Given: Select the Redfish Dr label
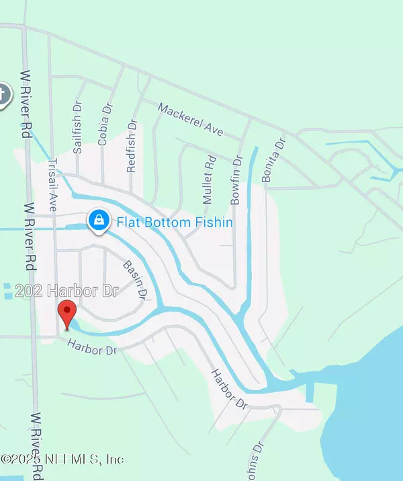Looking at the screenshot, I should coord(132,146).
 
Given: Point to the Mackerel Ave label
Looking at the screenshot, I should coord(190,120).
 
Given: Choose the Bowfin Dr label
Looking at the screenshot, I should coord(236,178).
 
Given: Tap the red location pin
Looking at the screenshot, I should coord(66,314).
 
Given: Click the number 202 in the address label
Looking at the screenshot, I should coord(27,292).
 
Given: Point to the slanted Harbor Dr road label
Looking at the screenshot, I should coord(229,389).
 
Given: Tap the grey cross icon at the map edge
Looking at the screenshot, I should coord(3,94).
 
